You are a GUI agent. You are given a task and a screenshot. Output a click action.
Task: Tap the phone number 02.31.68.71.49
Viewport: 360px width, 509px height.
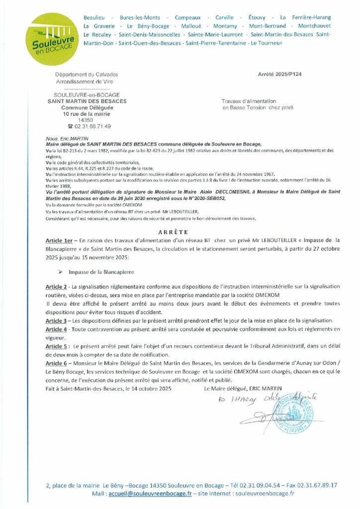coord(93,126)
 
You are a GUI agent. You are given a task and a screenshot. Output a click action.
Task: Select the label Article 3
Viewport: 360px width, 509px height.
coord(56,321)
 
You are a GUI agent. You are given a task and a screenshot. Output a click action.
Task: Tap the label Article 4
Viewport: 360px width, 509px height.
coord(56,329)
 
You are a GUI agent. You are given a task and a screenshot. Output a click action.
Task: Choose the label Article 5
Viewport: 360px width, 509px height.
coord(56,346)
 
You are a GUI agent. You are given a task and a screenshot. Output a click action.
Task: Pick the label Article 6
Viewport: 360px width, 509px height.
coord(56,363)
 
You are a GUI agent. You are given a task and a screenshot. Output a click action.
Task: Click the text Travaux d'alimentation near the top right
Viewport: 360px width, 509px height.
coord(249,101)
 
